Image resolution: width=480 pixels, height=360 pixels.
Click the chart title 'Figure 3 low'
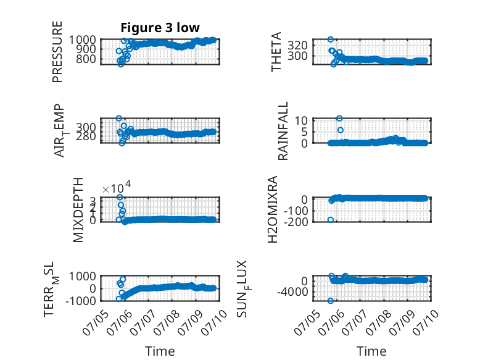click(160, 28)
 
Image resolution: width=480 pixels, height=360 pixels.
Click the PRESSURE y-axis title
click(57, 52)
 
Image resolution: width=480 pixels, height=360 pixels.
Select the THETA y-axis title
click(276, 52)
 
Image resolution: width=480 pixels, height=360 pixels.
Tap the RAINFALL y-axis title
click(283, 131)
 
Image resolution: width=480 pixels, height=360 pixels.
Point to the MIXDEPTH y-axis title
click(78, 210)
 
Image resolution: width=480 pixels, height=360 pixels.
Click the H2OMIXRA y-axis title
click(273, 209)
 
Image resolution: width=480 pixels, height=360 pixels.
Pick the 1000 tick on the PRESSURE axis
click(82, 40)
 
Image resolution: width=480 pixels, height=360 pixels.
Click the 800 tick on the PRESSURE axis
click(86, 59)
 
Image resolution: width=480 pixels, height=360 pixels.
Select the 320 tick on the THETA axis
click(297, 45)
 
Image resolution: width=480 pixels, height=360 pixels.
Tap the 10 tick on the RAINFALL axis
click(301, 120)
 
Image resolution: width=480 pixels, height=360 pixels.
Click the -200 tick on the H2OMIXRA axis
click(296, 222)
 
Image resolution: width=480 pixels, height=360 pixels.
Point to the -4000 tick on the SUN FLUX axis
click(292, 292)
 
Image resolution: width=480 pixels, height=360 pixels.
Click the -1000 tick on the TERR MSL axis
click(81, 301)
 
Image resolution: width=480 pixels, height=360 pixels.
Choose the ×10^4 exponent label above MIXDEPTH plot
click(117, 187)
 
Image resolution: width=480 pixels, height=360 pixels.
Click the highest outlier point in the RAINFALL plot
click(339, 119)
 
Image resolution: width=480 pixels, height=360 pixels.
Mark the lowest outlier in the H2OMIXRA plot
click(331, 220)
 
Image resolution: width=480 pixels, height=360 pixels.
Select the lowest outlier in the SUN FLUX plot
click(331, 301)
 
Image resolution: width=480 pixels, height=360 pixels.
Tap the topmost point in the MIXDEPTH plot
click(120, 197)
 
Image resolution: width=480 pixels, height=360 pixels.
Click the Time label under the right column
click(371, 351)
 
